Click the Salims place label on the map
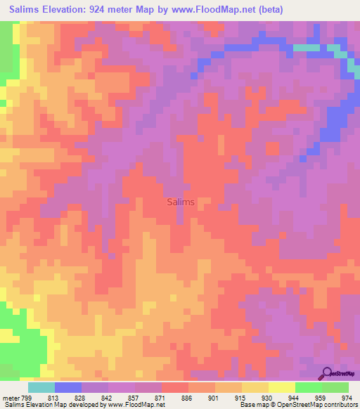pos(181,202)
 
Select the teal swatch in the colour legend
pos(41,387)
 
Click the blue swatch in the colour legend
pos(68,387)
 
